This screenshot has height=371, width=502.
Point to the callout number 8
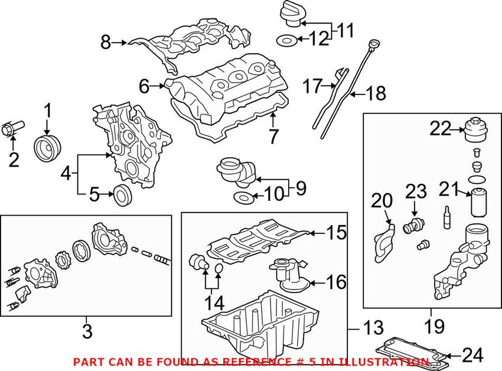click(x=106, y=42)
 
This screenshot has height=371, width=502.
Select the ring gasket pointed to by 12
click(x=285, y=41)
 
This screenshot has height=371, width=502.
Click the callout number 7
click(x=272, y=136)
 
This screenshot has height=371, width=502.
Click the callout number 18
click(x=376, y=93)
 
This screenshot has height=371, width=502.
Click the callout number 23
click(x=415, y=191)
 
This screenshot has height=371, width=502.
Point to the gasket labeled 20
click(x=380, y=239)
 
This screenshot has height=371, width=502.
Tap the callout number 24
click(x=472, y=355)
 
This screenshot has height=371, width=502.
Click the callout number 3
click(x=87, y=331)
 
